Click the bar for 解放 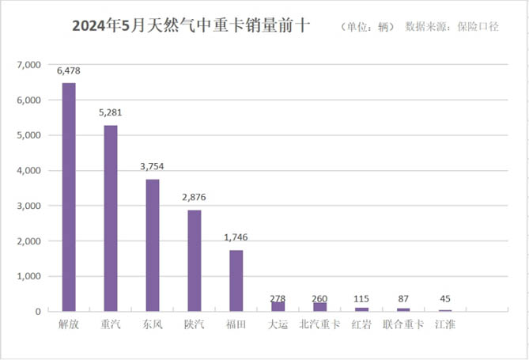(x=69, y=197)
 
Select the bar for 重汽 (x=111, y=218)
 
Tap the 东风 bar (x=153, y=245)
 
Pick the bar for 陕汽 (x=195, y=260)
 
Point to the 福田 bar (x=236, y=281)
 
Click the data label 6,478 (x=69, y=71)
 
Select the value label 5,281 (x=111, y=113)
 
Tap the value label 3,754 (x=153, y=167)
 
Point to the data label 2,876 (x=195, y=198)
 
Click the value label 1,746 (x=236, y=237)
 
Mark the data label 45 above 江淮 (x=446, y=298)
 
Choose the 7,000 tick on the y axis (x=29, y=65)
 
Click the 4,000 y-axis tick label (x=29, y=171)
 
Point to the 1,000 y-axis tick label (x=29, y=276)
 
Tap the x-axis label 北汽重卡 (x=319, y=324)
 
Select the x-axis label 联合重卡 (x=403, y=324)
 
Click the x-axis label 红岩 (x=361, y=324)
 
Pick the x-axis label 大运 (x=278, y=324)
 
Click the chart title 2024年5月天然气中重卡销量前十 (x=191, y=27)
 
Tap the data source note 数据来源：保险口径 (x=452, y=26)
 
